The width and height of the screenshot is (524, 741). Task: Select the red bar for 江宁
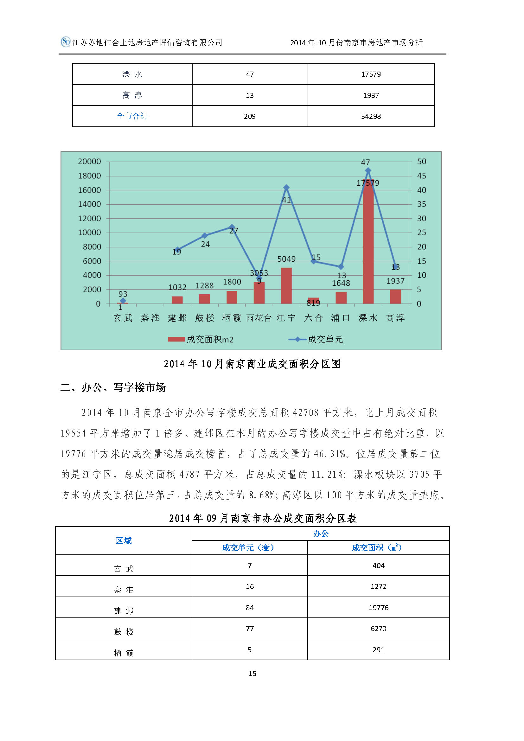tap(286, 286)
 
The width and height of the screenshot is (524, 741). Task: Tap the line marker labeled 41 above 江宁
tap(286, 188)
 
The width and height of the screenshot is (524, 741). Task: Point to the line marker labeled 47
tap(368, 170)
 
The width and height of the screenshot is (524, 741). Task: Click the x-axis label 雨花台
tap(259, 318)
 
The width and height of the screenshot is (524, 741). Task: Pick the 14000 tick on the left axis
tap(89, 204)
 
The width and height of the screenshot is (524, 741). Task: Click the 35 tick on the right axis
tap(421, 204)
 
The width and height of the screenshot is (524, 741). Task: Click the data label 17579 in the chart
tap(367, 183)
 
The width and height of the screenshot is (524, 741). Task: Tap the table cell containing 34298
tap(371, 116)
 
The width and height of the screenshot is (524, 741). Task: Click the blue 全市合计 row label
tap(132, 116)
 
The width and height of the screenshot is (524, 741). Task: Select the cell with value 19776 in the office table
tap(378, 608)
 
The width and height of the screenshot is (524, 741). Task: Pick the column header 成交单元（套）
tap(248, 548)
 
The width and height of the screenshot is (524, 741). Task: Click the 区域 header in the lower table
tap(124, 540)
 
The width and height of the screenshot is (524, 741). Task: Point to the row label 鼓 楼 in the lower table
tap(124, 632)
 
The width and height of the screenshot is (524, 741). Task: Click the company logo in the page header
tap(66, 42)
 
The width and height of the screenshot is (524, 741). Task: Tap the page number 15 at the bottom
tap(252, 674)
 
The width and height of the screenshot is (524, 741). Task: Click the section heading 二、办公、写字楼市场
tap(113, 387)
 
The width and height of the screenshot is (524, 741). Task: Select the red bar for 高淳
tap(395, 297)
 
